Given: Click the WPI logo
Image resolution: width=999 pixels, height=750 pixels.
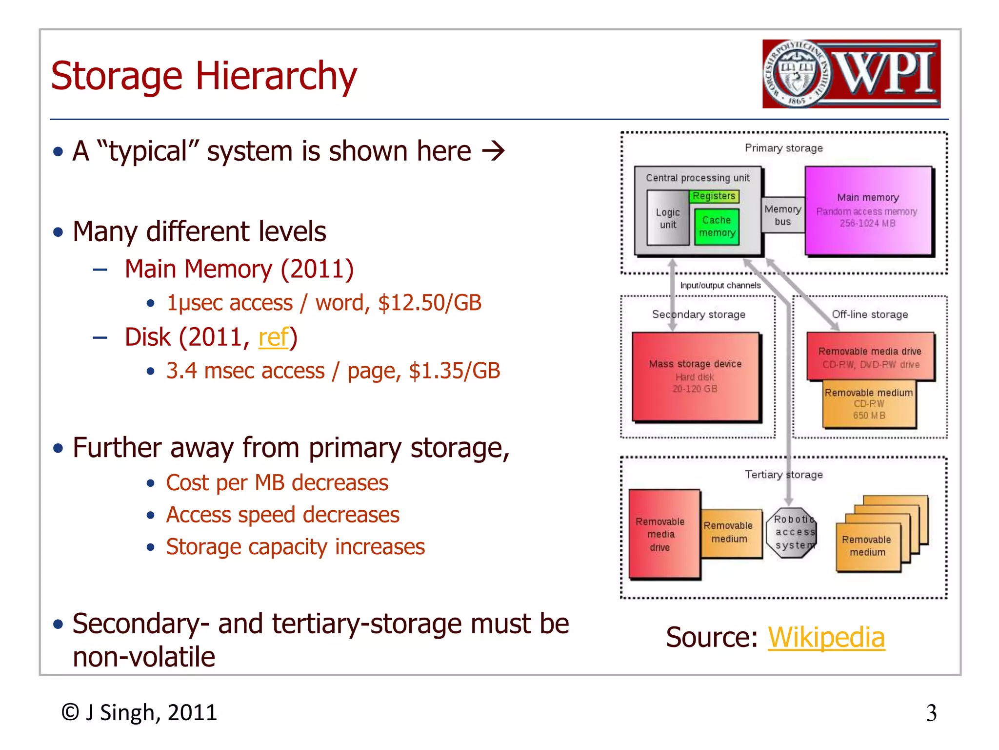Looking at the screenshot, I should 851,74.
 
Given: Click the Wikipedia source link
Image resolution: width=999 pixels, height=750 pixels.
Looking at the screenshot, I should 826,637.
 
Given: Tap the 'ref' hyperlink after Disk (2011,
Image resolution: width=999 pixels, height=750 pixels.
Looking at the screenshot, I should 273,337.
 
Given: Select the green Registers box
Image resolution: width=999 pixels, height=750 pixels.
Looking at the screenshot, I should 714,196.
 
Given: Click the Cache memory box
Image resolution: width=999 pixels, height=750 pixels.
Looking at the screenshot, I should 717,227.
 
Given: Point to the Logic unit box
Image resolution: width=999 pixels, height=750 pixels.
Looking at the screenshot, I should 667,219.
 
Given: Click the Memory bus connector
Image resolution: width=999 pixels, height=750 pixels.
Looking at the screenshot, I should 782,215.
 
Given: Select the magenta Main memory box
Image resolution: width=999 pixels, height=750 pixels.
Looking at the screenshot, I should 868,210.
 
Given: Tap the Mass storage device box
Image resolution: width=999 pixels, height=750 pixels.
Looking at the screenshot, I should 695,376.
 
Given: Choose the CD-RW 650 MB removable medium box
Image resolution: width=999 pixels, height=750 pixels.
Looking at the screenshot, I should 869,404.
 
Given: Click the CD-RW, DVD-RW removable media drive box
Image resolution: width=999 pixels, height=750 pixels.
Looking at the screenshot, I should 870,357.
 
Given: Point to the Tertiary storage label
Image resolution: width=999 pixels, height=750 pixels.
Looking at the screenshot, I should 783,475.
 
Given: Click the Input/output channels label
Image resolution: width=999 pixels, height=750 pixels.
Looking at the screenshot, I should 720,286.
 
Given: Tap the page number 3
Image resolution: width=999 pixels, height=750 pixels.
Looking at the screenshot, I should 931,713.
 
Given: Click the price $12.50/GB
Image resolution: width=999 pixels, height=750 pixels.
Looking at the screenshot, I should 429,303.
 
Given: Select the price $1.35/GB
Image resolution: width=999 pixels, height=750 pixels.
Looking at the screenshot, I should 454,371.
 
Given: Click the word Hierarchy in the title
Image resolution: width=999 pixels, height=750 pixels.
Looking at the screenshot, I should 276,76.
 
